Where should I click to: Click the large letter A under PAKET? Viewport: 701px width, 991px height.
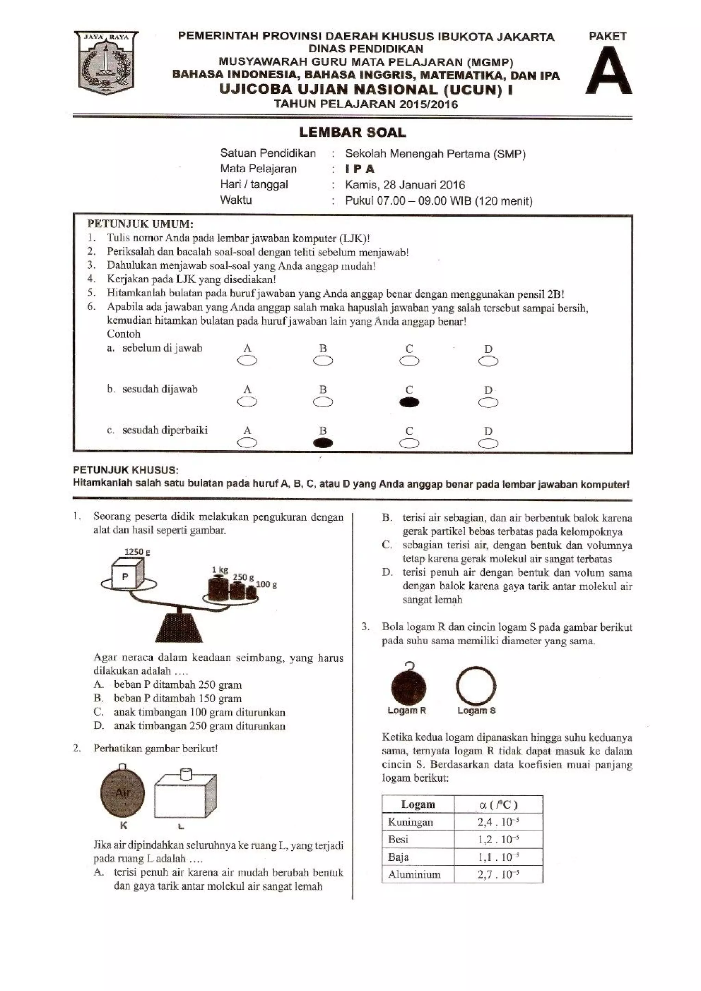coord(608,71)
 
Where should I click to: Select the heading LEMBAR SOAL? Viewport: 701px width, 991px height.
coord(353,132)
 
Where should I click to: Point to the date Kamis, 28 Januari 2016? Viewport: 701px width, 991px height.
coord(405,185)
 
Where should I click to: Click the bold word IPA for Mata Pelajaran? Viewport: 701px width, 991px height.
coord(360,169)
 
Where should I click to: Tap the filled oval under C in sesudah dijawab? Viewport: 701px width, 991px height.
coord(409,402)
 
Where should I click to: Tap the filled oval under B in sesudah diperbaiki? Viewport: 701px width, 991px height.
coord(323,443)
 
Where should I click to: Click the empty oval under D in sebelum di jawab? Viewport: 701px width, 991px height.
coord(488,361)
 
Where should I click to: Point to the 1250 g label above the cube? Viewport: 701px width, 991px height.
coord(137,552)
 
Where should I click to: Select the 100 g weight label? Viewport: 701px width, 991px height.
coord(267,584)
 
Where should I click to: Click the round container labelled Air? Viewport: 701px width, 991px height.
coord(122,793)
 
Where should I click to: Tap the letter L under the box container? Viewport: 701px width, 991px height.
coord(181,827)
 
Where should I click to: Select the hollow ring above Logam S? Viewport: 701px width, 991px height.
coord(475,686)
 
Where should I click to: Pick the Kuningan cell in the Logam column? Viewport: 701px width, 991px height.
coord(410,822)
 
